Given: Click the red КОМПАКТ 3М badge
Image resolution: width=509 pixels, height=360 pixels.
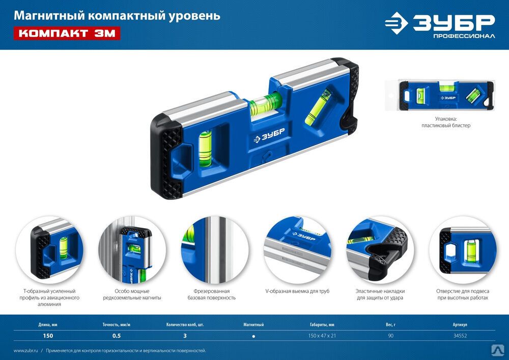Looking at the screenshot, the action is [67, 33].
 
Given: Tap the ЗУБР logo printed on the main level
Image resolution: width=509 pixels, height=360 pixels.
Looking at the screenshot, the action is [269, 135].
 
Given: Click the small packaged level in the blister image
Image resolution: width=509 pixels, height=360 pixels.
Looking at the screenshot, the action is [446, 95].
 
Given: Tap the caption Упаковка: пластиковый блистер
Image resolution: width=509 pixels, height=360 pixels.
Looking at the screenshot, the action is [446, 122].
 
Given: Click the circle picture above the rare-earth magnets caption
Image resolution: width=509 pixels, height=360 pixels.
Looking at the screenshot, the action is [132, 250].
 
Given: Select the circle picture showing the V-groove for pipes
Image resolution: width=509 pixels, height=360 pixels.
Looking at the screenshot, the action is [297, 250].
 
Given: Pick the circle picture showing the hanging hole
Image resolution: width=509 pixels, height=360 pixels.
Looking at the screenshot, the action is [463, 250].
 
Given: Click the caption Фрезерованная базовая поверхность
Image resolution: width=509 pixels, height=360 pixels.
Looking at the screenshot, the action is [212, 294].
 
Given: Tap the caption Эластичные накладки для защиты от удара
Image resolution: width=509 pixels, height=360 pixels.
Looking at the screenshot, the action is [380, 294].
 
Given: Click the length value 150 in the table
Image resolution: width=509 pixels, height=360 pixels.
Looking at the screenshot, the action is [48, 336].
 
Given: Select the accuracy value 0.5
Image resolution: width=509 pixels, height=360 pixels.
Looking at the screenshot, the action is [117, 336].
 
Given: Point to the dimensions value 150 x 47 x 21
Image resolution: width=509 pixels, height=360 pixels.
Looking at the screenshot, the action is [322, 336].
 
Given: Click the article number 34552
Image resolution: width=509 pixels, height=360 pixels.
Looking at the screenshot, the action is [460, 336].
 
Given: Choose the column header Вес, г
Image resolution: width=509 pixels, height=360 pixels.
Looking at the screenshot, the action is [390, 325].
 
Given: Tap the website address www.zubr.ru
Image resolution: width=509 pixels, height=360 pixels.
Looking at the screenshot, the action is [25, 351].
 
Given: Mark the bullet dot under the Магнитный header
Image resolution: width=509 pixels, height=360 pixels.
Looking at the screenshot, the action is [253, 336].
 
